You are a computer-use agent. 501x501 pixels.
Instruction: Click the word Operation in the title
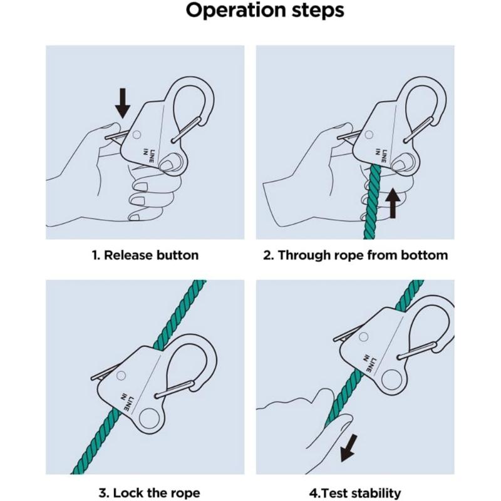pyautogui.click(x=236, y=10)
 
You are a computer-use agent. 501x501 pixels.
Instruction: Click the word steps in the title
pyautogui.click(x=318, y=11)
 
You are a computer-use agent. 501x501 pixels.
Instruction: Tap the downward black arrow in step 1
pyautogui.click(x=123, y=103)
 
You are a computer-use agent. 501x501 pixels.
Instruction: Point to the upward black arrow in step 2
pyautogui.click(x=393, y=202)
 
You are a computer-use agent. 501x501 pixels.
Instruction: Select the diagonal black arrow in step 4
pyautogui.click(x=349, y=448)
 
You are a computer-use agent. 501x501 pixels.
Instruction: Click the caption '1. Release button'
pyautogui.click(x=145, y=256)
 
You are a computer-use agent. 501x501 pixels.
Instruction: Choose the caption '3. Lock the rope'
pyautogui.click(x=150, y=492)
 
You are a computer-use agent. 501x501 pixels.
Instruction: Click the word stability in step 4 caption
pyautogui.click(x=373, y=492)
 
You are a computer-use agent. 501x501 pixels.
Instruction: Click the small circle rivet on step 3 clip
pyautogui.click(x=121, y=375)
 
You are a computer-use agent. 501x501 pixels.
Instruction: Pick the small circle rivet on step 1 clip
pyautogui.click(x=137, y=135)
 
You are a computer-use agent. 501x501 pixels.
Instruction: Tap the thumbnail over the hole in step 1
pyautogui.click(x=166, y=165)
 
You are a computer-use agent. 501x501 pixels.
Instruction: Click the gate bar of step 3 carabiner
pyautogui.click(x=175, y=389)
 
